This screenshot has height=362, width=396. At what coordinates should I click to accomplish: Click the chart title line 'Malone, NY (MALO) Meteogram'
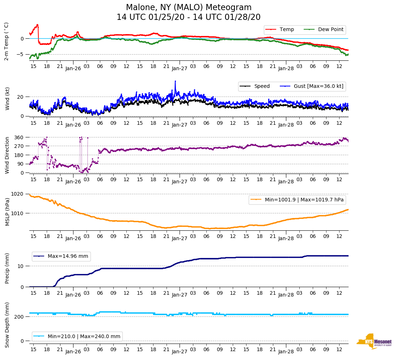coord(188,8)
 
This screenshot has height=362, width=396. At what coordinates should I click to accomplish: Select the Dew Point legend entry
coord(330,29)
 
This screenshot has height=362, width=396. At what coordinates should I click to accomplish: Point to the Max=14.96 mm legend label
coord(68,256)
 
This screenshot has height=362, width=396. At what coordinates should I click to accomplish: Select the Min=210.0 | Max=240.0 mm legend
coord(84,336)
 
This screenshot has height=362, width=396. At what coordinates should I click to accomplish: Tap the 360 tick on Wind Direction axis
coord(19,137)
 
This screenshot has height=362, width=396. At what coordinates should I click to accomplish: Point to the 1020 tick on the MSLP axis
coord(18,194)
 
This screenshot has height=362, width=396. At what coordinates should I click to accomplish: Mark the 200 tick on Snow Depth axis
coord(19,317)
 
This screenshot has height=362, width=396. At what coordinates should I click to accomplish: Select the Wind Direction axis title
coord(7,155)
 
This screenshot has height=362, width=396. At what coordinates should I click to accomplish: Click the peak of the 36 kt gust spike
coord(175,81)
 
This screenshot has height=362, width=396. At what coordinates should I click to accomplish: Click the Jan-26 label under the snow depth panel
coord(73,352)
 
